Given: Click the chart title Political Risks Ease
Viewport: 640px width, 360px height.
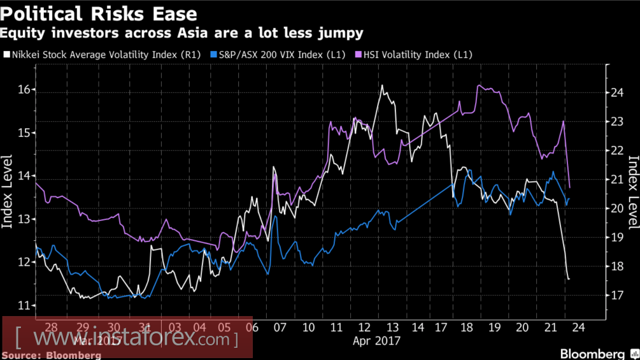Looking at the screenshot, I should tap(99, 13).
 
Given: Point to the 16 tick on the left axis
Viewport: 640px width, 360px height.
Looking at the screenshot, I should tap(23, 90).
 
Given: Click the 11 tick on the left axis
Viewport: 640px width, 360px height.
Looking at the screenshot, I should tap(23, 305).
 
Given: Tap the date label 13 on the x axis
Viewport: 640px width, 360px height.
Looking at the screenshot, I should tap(390, 328).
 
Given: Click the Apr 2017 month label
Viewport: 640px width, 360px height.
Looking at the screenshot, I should tap(376, 341).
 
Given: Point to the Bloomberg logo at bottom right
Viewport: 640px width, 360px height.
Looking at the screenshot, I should tap(592, 353).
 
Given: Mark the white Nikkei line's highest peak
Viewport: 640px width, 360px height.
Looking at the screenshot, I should tap(381, 85).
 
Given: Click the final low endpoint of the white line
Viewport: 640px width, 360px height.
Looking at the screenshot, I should tap(568, 279).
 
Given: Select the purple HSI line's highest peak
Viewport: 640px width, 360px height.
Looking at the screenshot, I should tap(478, 85).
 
